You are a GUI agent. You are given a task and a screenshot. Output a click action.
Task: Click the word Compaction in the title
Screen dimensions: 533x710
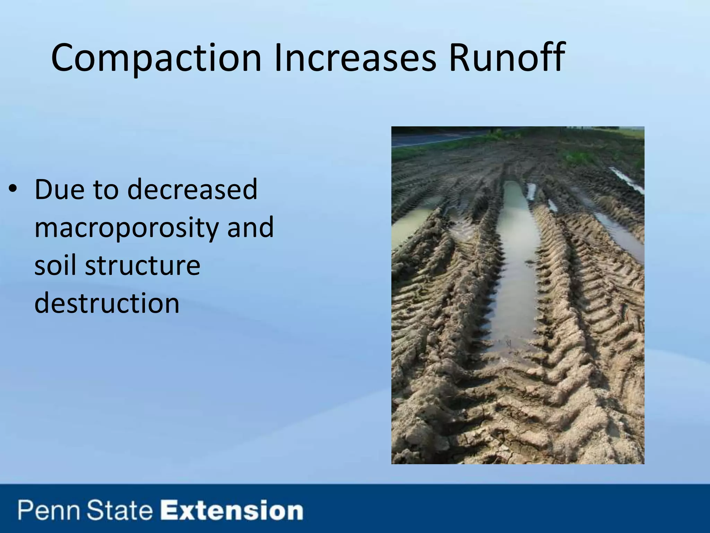(x=156, y=58)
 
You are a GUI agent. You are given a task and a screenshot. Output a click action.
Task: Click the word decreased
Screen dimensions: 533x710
(x=192, y=189)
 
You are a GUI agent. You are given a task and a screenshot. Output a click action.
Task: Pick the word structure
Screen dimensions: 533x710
(x=143, y=266)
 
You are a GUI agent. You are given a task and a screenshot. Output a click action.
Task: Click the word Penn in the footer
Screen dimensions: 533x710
(x=49, y=511)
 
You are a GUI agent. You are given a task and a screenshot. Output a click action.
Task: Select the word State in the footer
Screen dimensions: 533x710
(x=120, y=511)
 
